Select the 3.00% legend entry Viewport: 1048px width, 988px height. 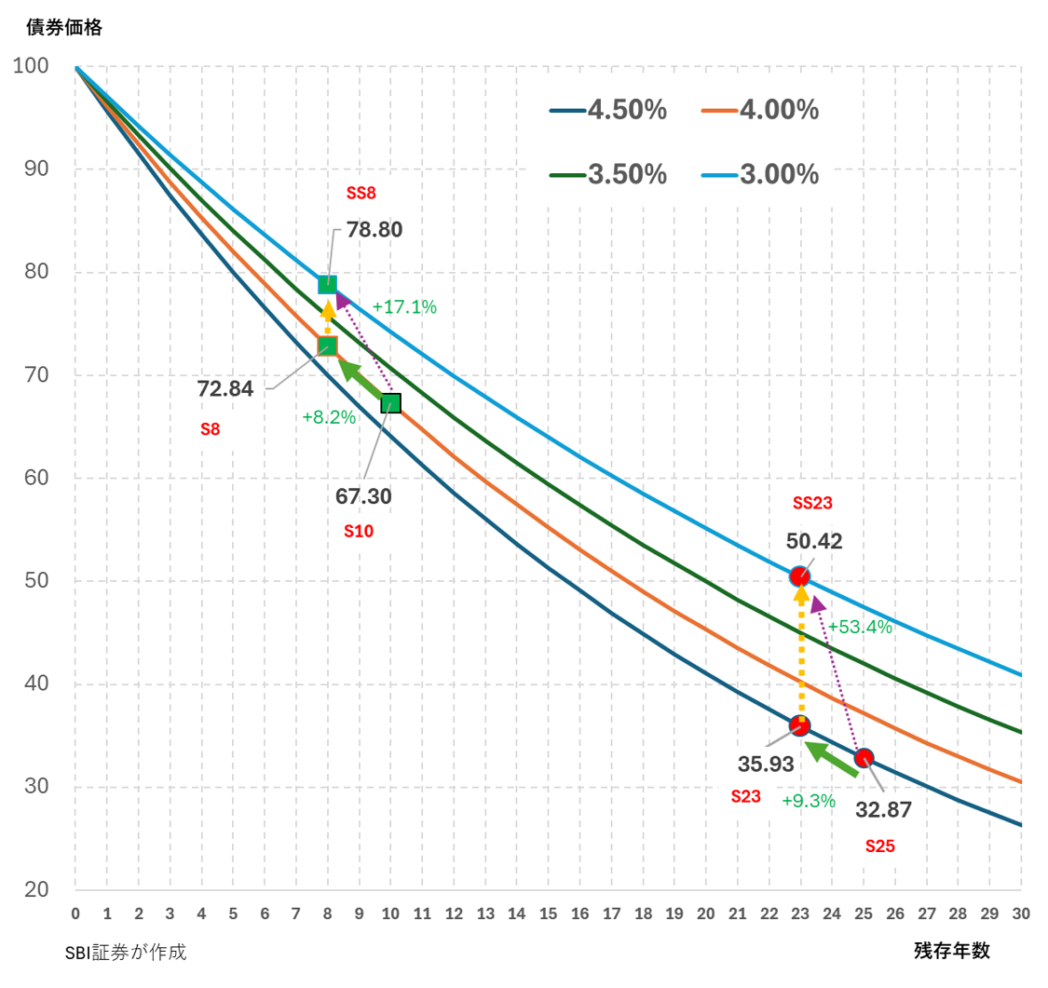click(760, 174)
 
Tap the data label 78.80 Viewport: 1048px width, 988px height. click(374, 229)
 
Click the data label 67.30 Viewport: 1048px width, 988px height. click(363, 496)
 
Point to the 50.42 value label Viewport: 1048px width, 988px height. click(814, 541)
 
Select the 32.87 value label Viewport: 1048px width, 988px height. click(883, 810)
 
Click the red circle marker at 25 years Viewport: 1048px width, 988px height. click(864, 758)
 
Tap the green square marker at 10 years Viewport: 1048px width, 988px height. click(390, 403)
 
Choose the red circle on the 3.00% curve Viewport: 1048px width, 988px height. click(799, 577)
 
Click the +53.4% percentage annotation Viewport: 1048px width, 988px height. click(860, 627)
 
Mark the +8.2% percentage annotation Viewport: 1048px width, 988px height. click(329, 418)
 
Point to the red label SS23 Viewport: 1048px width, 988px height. click(812, 503)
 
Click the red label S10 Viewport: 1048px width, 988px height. click(359, 532)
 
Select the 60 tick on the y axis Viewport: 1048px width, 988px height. click(36, 479)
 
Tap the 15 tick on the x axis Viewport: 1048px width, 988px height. click(548, 914)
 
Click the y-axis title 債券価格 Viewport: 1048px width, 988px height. click(64, 27)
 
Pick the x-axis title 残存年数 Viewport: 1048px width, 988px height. click(951, 951)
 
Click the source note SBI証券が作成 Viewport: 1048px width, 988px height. click(126, 953)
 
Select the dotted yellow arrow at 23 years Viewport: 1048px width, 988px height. click(800, 652)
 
